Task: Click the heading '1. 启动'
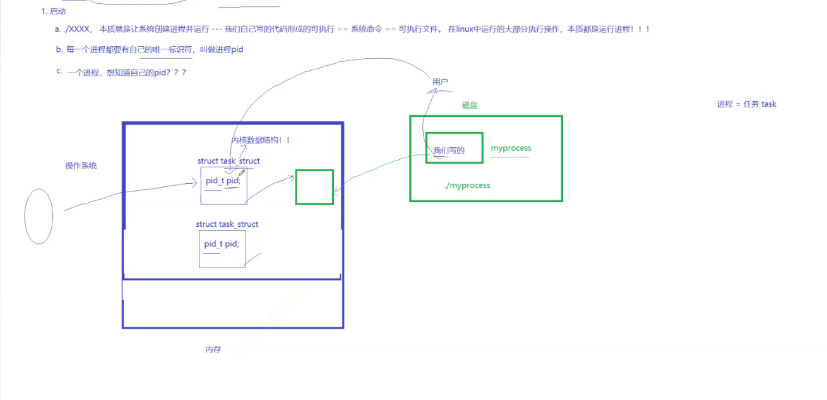tap(53, 11)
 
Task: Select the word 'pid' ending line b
tap(237, 50)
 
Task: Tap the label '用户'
tap(440, 82)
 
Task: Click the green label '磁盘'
tap(470, 106)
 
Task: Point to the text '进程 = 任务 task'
tap(746, 104)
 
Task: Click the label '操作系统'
tap(81, 166)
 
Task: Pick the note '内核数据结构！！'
tap(261, 140)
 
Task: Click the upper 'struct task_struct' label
tap(229, 161)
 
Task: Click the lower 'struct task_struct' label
tap(227, 224)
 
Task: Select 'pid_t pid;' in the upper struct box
tap(223, 181)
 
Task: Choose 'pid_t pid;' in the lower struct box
tap(222, 244)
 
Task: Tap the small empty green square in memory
tap(314, 187)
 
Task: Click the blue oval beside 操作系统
tap(39, 216)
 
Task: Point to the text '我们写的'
tap(449, 150)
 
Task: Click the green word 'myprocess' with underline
tap(511, 148)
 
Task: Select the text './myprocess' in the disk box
tap(467, 186)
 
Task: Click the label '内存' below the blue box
tap(213, 349)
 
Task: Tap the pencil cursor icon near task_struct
tap(241, 173)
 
